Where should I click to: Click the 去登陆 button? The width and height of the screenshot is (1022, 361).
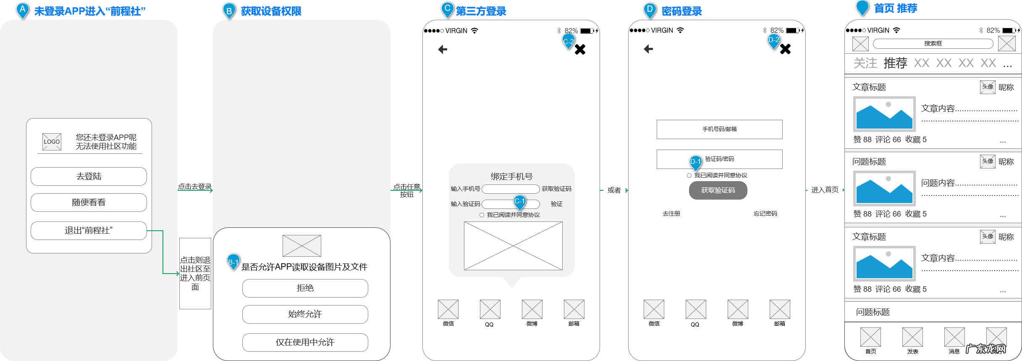pyautogui.click(x=89, y=177)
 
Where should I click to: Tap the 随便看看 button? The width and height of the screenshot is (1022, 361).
pyautogui.click(x=89, y=203)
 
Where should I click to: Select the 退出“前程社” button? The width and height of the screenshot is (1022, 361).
pyautogui.click(x=89, y=231)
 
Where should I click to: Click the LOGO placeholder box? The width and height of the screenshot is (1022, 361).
pyautogui.click(x=52, y=142)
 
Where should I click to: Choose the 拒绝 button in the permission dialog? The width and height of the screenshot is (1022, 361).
pyautogui.click(x=305, y=288)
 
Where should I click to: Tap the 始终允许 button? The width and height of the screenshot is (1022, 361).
pyautogui.click(x=305, y=314)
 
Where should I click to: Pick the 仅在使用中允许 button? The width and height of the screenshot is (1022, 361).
pyautogui.click(x=305, y=343)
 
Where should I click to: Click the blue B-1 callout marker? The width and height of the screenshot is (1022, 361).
pyautogui.click(x=233, y=261)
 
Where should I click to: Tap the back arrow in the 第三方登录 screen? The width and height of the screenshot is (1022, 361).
pyautogui.click(x=443, y=50)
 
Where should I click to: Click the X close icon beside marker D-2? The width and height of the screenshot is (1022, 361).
pyautogui.click(x=785, y=49)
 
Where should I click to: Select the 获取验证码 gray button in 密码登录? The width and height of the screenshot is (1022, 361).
pyautogui.click(x=718, y=190)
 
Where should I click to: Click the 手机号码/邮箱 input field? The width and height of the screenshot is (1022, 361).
pyautogui.click(x=719, y=129)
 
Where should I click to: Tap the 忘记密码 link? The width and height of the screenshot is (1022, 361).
pyautogui.click(x=765, y=213)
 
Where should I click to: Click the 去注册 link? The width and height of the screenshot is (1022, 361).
pyautogui.click(x=671, y=213)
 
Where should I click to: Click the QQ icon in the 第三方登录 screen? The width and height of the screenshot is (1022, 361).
pyautogui.click(x=490, y=310)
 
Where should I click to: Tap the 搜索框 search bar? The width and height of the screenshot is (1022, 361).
pyautogui.click(x=933, y=44)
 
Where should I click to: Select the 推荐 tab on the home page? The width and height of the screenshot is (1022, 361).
pyautogui.click(x=895, y=63)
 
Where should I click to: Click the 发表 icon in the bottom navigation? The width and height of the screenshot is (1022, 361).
pyautogui.click(x=912, y=337)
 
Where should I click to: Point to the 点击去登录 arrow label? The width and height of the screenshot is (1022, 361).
pyautogui.click(x=195, y=187)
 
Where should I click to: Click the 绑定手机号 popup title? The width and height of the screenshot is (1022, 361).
pyautogui.click(x=511, y=177)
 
